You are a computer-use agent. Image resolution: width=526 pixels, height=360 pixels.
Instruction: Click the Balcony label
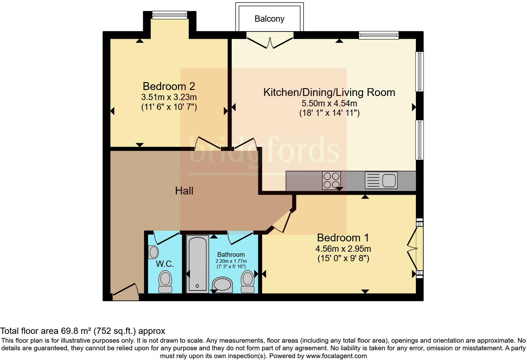coord(269,19)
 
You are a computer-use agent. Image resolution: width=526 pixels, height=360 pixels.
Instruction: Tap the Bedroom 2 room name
coord(169,86)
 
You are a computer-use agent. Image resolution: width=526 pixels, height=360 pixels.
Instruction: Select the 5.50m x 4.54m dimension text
coord(329,103)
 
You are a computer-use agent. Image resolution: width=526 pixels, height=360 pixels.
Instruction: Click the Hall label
coord(184,191)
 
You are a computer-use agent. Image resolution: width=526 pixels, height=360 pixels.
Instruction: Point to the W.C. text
coord(165,264)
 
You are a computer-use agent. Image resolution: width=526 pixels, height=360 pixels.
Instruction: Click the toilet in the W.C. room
coord(165,282)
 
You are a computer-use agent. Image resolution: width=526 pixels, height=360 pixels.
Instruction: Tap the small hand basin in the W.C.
coord(154,252)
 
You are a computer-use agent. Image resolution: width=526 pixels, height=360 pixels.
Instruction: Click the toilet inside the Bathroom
coord(248,282)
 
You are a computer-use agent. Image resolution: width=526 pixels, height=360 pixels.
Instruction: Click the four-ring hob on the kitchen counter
coord(331,180)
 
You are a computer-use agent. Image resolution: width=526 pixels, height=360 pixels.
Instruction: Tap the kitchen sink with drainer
coord(381,180)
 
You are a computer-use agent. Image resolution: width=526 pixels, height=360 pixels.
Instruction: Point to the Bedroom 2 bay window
coord(170,14)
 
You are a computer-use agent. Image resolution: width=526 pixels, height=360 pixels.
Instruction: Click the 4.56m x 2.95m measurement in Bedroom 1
coord(343,249)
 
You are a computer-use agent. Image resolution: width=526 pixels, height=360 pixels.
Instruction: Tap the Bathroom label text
coord(231,255)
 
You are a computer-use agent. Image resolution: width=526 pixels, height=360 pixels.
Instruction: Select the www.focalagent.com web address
coord(336,356)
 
